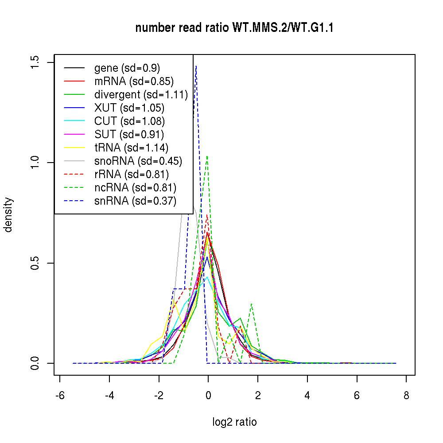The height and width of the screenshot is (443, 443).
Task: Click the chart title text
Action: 234,28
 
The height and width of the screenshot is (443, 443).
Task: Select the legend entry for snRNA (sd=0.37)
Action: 135,201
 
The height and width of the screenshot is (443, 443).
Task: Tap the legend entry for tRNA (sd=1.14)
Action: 131,148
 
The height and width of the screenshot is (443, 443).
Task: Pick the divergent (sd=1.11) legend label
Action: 141,94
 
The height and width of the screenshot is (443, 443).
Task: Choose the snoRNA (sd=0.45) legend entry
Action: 138,161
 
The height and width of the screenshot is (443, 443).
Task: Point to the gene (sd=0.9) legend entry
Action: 127,68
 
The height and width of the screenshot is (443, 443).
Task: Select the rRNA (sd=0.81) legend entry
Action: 132,174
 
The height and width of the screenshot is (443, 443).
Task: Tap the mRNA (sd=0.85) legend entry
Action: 134,81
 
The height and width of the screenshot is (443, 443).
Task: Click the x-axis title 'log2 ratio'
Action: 234,422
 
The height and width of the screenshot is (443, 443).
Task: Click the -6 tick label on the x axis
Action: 60,395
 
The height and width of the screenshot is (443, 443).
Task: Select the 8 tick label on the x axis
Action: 406,395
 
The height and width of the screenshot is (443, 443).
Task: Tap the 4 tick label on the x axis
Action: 307,395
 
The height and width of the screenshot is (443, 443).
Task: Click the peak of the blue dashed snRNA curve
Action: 196,66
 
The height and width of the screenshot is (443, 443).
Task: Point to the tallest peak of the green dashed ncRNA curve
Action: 207,155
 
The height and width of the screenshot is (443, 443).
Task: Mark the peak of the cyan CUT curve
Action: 207,277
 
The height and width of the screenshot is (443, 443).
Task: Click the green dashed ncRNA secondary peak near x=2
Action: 252,304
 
